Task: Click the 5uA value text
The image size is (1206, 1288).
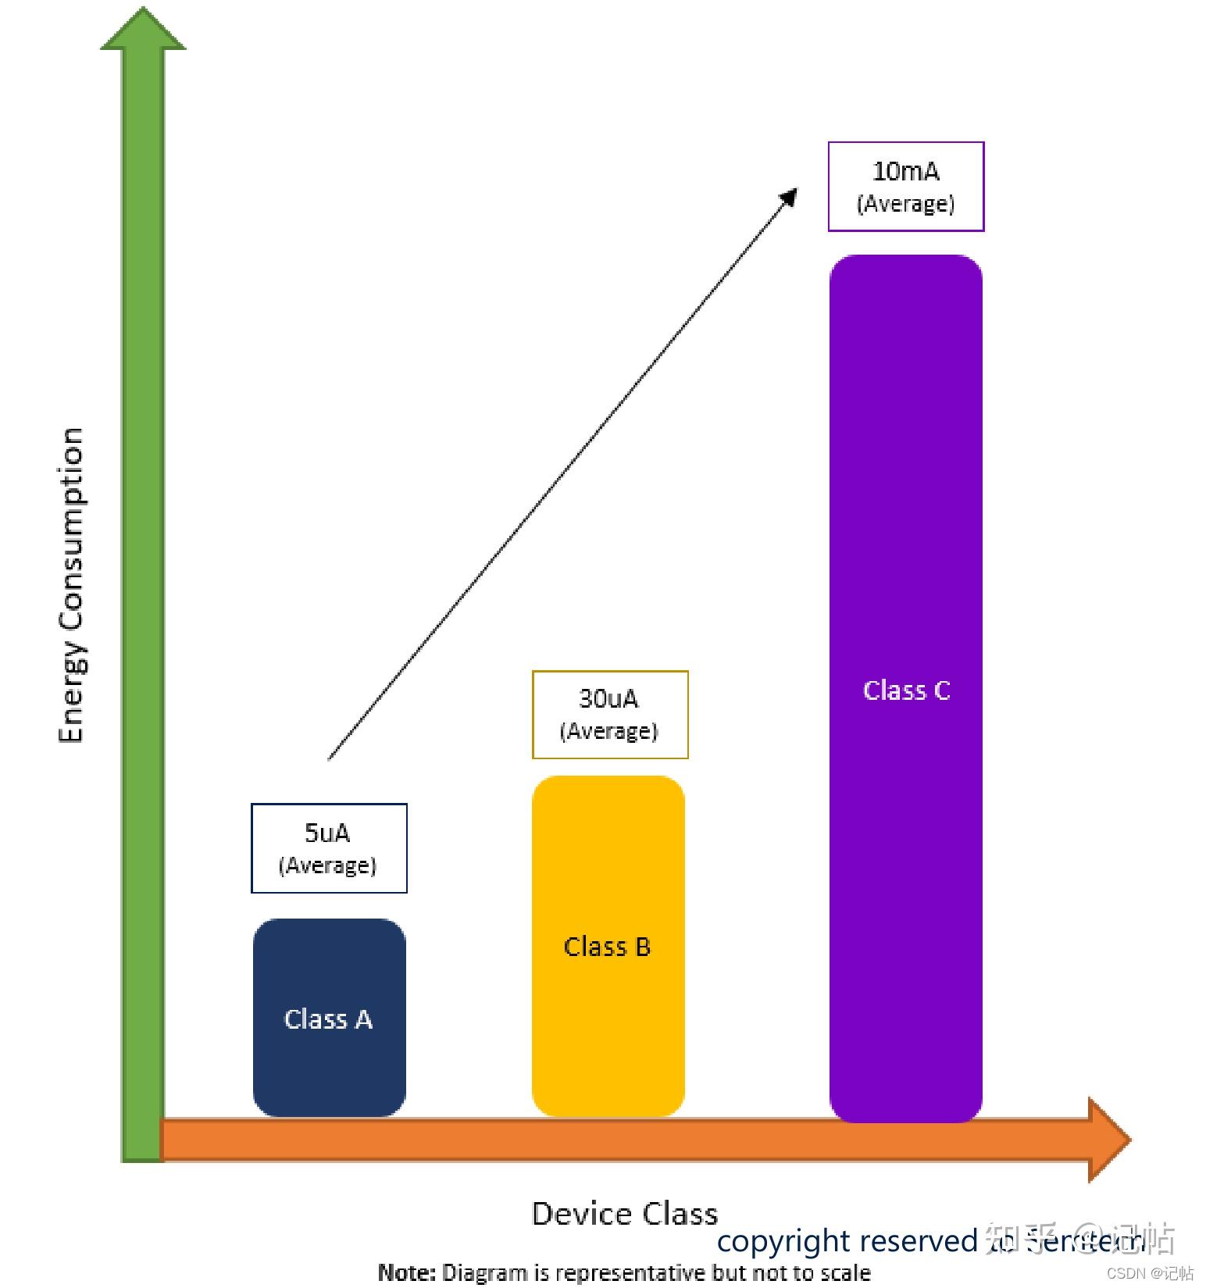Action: [327, 833]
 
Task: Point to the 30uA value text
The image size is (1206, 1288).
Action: [608, 698]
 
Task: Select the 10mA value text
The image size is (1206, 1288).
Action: [905, 171]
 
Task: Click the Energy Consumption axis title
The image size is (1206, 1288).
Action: [71, 585]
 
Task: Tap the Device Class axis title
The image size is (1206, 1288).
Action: [624, 1214]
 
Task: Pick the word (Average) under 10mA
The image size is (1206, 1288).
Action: [905, 204]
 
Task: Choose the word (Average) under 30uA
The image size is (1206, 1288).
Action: [608, 731]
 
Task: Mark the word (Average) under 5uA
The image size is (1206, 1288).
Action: [327, 865]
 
